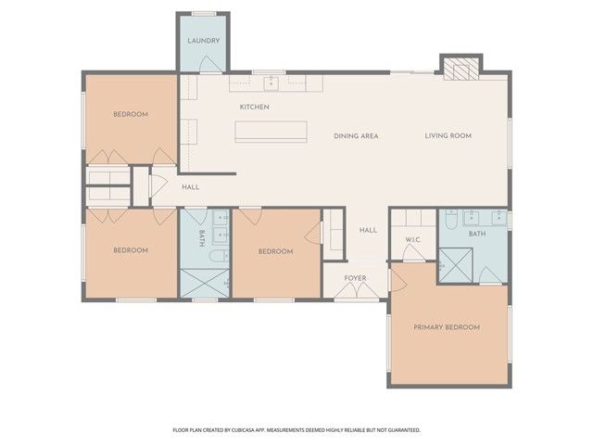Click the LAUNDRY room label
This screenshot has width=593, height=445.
tap(203, 42)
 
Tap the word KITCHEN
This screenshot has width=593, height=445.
tap(254, 108)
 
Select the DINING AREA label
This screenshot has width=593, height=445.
tap(356, 136)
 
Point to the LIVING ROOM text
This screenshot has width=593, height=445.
tap(448, 136)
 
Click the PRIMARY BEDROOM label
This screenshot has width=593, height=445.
tap(447, 327)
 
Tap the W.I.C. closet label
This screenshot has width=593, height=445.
tap(413, 241)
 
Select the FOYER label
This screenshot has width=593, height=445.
tap(356, 277)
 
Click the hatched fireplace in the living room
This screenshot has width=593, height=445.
tap(460, 69)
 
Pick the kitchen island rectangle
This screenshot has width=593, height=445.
tap(271, 132)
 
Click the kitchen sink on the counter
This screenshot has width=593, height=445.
tap(271, 83)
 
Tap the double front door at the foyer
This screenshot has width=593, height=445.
tap(356, 292)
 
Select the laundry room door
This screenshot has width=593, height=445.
tap(211, 64)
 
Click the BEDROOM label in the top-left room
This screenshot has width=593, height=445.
tap(131, 115)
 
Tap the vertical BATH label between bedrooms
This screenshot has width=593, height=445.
tap(201, 238)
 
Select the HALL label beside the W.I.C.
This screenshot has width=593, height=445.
tap(368, 230)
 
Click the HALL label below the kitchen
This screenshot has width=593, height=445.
tap(191, 187)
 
